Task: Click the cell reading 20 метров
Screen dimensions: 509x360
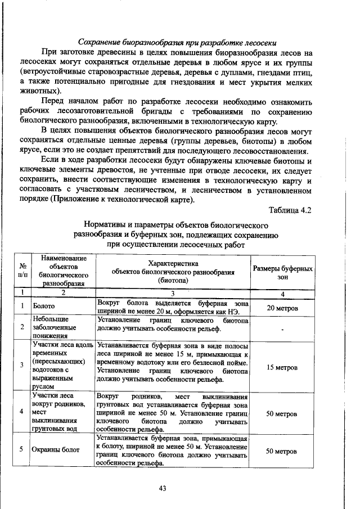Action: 282,308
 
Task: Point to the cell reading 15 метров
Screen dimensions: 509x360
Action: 282,367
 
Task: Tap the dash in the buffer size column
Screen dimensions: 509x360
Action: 282,328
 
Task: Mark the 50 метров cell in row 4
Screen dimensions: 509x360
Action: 282,413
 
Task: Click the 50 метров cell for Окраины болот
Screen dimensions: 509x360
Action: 282,451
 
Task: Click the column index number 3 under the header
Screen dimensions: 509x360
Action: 173,292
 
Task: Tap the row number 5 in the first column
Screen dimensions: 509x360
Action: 22,450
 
